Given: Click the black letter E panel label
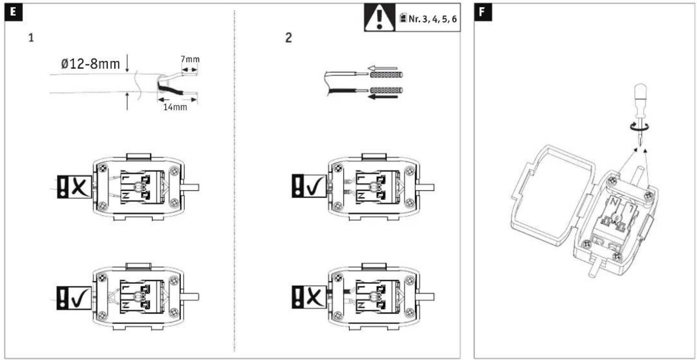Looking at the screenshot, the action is click(x=13, y=12).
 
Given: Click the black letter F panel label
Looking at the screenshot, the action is click(x=483, y=12).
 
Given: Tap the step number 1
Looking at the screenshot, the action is click(x=31, y=38).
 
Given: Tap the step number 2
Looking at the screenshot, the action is click(x=288, y=38).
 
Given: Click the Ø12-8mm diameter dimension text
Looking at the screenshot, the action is click(x=90, y=64).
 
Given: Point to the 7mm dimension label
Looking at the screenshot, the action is click(x=190, y=59).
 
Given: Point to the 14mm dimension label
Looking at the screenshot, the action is click(x=175, y=107).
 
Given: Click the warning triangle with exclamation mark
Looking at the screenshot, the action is click(x=379, y=18).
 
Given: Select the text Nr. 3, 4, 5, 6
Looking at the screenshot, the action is click(x=433, y=19).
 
